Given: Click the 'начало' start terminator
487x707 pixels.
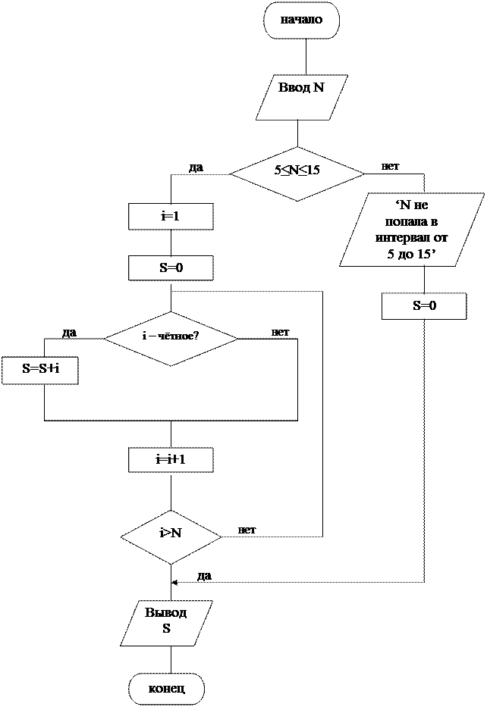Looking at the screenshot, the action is click(301, 20).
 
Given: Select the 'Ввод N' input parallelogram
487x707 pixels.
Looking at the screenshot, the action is click(301, 98).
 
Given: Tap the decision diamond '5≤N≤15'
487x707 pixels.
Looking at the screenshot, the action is click(297, 174).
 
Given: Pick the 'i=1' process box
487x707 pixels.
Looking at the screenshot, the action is click(171, 217).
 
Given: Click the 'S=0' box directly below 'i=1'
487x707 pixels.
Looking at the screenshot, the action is click(171, 267).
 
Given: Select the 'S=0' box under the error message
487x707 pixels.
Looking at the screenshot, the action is click(424, 306).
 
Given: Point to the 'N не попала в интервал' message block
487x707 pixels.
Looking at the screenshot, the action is click(412, 230).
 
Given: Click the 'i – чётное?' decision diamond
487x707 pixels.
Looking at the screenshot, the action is click(171, 338).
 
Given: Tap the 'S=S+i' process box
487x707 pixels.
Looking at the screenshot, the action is click(40, 371).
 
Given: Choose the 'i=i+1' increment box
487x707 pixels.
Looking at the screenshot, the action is click(171, 460).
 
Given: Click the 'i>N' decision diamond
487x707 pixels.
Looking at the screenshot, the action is click(171, 537).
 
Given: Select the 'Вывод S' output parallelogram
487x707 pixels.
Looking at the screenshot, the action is click(166, 623).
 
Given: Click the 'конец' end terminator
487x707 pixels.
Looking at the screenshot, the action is click(167, 689).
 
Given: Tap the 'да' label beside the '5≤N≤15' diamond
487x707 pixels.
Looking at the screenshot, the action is click(196, 167).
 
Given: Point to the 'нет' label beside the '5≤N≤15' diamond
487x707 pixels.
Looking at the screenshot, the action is click(391, 166).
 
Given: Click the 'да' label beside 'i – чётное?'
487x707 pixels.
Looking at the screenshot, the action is click(69, 333).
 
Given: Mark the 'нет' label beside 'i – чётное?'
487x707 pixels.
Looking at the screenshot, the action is click(280, 333).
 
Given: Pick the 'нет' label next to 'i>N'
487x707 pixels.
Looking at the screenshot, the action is click(247, 530).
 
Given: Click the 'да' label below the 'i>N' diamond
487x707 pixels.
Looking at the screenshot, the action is click(204, 576).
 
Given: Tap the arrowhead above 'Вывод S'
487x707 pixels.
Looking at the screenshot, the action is click(174, 582).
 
